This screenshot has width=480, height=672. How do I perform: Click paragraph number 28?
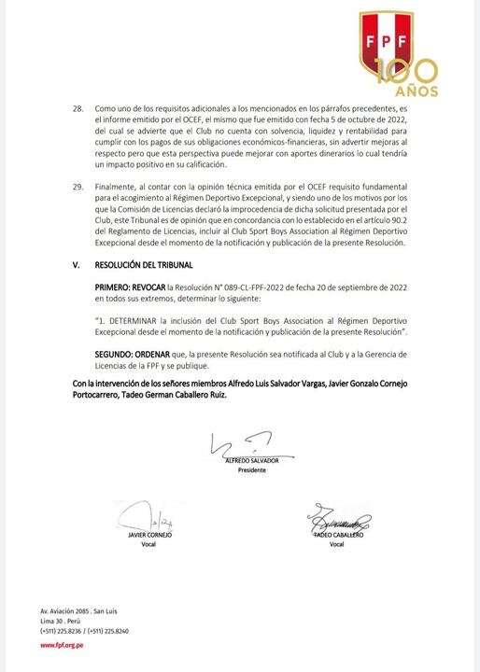78,109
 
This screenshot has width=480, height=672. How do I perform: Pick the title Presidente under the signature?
252,470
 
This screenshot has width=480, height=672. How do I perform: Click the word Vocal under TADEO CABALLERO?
337,544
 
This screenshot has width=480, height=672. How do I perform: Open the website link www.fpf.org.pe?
59,644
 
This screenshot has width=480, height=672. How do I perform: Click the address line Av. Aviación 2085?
65,610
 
